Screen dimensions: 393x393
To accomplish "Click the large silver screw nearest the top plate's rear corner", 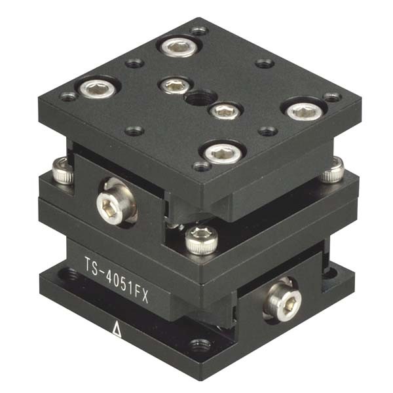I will [x=178, y=46].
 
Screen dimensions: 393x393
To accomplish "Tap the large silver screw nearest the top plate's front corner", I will [x=218, y=153].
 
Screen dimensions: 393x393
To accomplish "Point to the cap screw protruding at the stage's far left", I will [x=63, y=172].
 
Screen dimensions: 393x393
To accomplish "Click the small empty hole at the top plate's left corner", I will [x=69, y=96].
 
